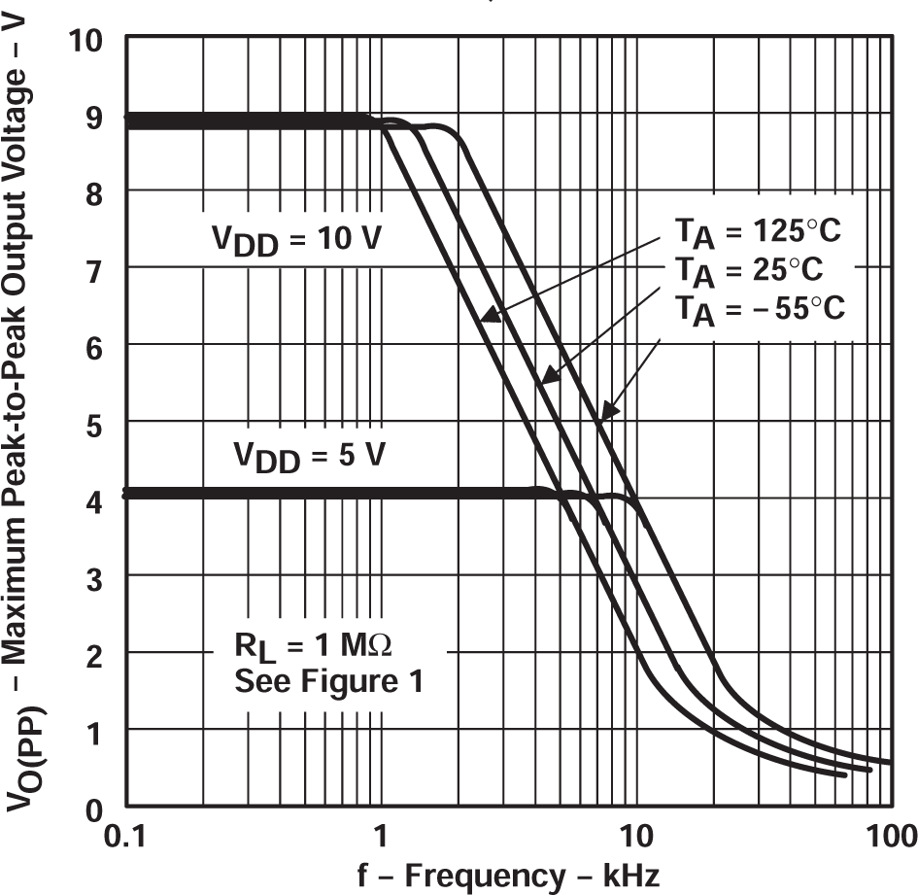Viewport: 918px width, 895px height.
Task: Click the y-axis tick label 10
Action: [x=92, y=41]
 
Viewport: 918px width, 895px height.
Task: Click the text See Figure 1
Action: [x=328, y=681]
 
